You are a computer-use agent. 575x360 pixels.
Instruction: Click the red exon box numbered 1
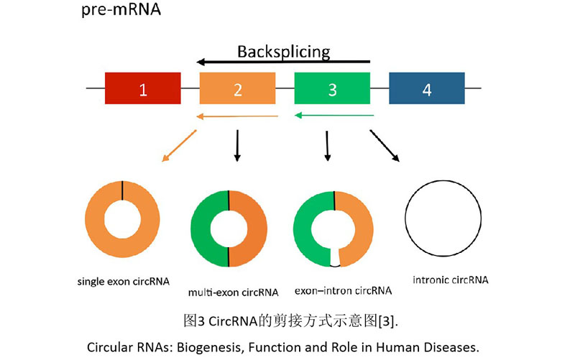click(x=143, y=89)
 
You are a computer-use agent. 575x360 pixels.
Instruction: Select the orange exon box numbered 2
click(x=237, y=89)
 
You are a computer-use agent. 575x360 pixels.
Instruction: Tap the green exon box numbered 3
click(x=332, y=89)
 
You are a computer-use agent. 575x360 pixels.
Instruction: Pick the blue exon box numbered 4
click(x=427, y=89)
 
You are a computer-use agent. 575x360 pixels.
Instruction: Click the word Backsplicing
click(x=283, y=51)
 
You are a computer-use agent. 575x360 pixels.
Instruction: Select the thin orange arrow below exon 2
click(x=235, y=115)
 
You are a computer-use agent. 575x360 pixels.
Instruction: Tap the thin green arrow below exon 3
click(x=334, y=115)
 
